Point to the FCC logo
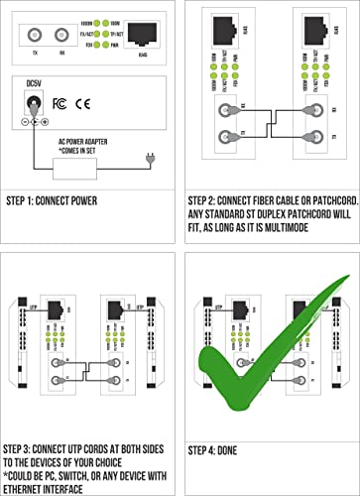(x=61, y=103)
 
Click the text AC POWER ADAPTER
(x=88, y=141)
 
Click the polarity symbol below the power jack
(x=34, y=122)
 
